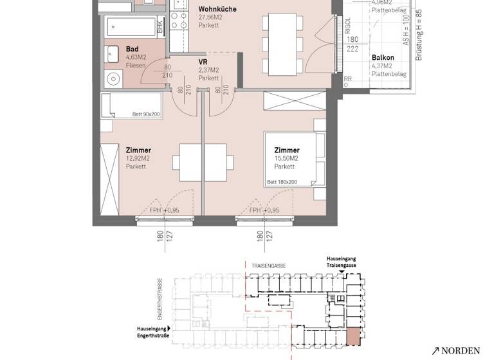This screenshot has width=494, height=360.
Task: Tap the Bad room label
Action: coord(133,49)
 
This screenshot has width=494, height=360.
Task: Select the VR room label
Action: coord(204,61)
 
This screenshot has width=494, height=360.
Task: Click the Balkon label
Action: coord(383,57)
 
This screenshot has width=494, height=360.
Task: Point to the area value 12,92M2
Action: coord(138,159)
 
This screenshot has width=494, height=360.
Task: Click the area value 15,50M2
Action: coord(286,158)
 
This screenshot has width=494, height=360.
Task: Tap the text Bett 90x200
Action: coord(145,114)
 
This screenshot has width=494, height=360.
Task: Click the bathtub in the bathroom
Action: coord(131,26)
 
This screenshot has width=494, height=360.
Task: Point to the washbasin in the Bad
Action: coord(113,53)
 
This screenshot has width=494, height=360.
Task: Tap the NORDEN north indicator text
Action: coord(461,350)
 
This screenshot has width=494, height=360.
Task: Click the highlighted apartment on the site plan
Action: coord(354,336)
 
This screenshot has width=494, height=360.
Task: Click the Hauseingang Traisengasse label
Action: coord(341,261)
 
